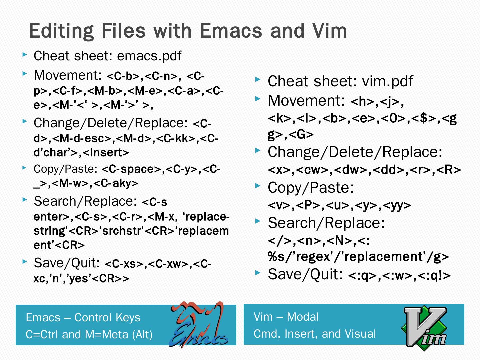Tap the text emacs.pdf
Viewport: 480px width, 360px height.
[x=149, y=56]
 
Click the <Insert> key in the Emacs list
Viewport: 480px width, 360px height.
[x=106, y=153]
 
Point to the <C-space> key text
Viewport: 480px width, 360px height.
[x=132, y=169]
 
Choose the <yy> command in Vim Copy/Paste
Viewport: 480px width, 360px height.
[x=397, y=206]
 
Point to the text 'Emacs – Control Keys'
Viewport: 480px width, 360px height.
[x=83, y=317]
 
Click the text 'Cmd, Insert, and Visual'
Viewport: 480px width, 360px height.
[x=315, y=334]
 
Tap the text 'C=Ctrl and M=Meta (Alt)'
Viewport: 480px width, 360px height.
[x=89, y=334]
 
